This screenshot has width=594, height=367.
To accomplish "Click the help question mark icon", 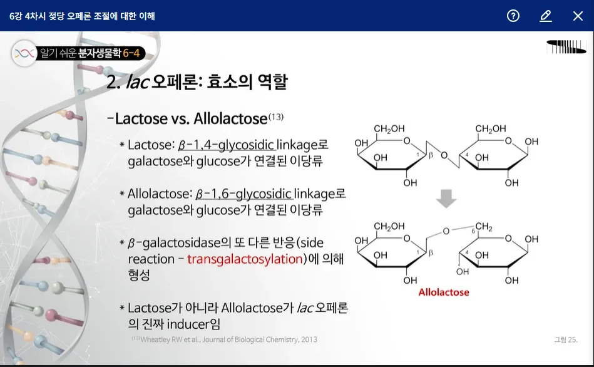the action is (x=513, y=16).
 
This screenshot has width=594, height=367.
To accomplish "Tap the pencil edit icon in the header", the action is (x=546, y=16).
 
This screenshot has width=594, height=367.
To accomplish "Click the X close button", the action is (x=578, y=16).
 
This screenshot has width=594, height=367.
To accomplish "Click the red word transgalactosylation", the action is (x=245, y=259).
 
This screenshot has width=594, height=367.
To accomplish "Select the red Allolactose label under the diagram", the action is (x=444, y=292).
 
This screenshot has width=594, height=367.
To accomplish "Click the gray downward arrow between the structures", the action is (x=446, y=199).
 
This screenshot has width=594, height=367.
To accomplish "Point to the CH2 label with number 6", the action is (x=482, y=227).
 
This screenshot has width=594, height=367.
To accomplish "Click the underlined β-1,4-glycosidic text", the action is (x=226, y=145).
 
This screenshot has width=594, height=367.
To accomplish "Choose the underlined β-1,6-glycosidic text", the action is (x=243, y=194).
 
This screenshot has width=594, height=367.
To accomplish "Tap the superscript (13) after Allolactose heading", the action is (x=276, y=116).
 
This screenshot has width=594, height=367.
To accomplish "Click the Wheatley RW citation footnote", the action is (x=225, y=339).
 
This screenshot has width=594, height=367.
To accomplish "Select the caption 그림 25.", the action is (x=566, y=339).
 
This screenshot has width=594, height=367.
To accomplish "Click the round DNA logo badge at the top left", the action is (x=24, y=53).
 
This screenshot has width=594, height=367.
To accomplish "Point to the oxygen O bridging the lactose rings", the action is (x=444, y=155).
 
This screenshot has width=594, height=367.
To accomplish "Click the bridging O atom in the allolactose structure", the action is (x=446, y=231).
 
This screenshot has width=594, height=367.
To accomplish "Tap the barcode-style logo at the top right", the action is (x=566, y=46).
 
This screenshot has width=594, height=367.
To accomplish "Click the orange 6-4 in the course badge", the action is (x=131, y=53).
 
